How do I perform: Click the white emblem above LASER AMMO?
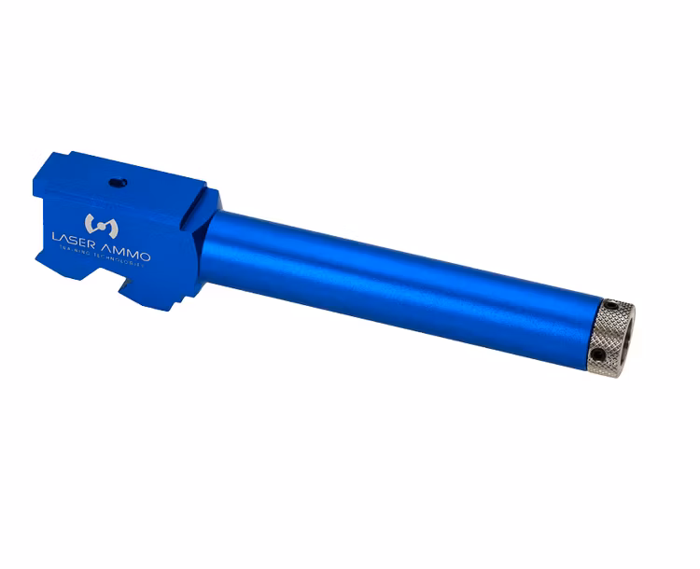pyautogui.click(x=98, y=224)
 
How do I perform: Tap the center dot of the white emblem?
pyautogui.click(x=98, y=224)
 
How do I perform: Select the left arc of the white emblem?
pyautogui.click(x=90, y=224)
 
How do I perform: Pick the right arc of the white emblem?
pyautogui.click(x=106, y=225)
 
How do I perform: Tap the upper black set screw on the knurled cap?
pyautogui.click(x=609, y=308)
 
